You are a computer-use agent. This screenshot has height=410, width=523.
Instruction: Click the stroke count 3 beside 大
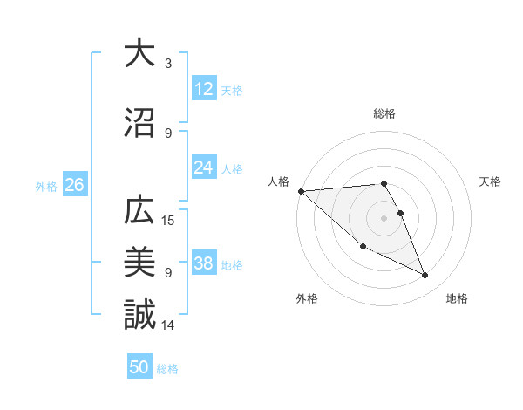click(x=167, y=64)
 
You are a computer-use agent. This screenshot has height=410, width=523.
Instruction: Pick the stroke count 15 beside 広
click(x=170, y=220)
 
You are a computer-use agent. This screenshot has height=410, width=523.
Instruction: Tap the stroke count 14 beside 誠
click(x=169, y=325)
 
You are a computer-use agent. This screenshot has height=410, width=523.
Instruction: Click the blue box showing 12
click(x=203, y=89)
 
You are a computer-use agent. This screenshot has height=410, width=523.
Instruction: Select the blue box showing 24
click(x=203, y=167)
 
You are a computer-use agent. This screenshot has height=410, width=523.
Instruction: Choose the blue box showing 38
click(x=203, y=263)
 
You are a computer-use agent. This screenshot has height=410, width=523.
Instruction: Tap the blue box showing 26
click(x=74, y=185)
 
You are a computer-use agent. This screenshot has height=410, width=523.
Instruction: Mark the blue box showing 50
click(x=139, y=367)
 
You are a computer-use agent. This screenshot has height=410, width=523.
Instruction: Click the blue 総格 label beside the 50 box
click(x=167, y=369)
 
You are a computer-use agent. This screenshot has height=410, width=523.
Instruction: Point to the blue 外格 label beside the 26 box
click(x=47, y=186)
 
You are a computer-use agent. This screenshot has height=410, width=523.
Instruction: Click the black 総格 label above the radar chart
click(x=384, y=113)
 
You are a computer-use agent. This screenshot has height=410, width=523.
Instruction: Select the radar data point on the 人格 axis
click(x=301, y=191)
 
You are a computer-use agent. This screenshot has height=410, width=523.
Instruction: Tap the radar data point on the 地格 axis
click(x=425, y=276)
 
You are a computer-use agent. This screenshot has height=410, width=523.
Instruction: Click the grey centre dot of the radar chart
click(x=384, y=217)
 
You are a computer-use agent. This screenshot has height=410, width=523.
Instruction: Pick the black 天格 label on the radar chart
click(x=491, y=181)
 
